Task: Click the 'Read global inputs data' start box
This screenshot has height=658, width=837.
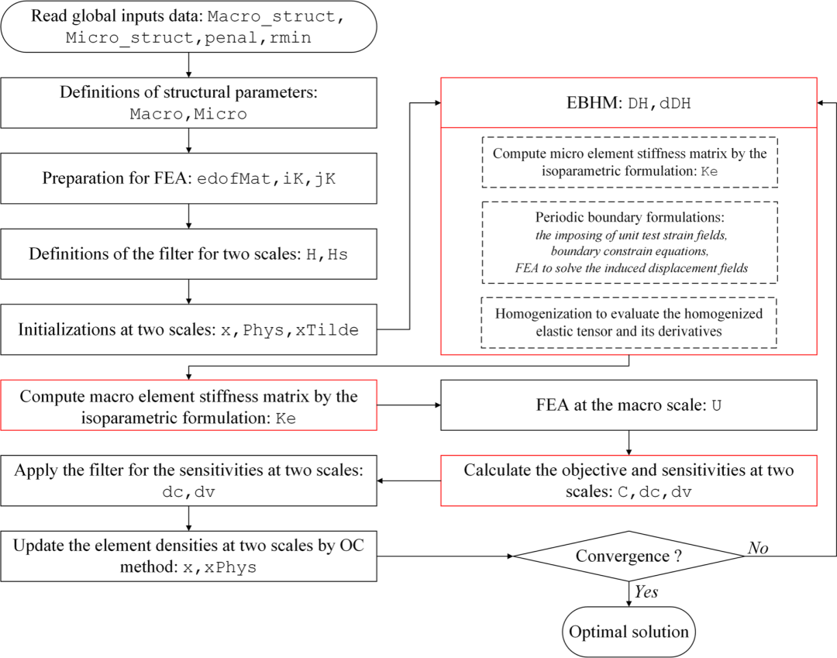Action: pos(189,27)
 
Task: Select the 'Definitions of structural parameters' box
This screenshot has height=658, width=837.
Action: pos(189,103)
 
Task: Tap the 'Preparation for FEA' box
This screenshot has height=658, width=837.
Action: pos(189,177)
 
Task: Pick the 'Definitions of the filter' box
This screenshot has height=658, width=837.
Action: pos(189,253)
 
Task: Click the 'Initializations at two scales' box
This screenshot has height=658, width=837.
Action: pos(189,329)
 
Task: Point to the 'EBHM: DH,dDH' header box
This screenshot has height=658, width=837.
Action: pos(629,102)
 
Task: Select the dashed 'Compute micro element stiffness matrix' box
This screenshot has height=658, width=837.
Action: pos(629,162)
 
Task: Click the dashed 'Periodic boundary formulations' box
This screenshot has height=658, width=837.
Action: pos(629,242)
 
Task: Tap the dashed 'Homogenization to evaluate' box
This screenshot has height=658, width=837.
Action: pos(629,322)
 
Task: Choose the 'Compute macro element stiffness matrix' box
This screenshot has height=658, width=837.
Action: pos(189,405)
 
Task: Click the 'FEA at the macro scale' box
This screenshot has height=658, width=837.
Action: pos(629,405)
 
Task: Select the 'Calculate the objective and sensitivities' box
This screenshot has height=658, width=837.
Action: pos(629,481)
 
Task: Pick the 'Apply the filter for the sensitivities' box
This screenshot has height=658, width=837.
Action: pos(189,481)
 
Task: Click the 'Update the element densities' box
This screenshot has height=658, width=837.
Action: pos(189,556)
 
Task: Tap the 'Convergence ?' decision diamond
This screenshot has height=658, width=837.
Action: pos(629,556)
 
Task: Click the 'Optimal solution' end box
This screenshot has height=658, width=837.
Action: pos(629,632)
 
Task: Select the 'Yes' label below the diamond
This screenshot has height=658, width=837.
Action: pos(646,592)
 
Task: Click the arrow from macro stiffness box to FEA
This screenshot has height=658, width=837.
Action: pos(408,405)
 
